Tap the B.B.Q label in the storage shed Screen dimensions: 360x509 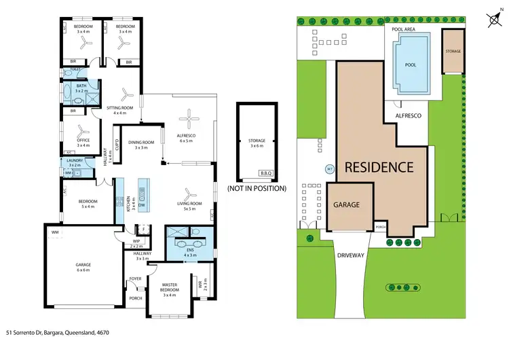click(x=265, y=174)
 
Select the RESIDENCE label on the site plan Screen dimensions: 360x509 click(x=379, y=166)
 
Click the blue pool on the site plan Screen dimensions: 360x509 click(x=411, y=65)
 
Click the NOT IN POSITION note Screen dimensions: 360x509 click(x=257, y=188)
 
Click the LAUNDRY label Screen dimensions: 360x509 click(x=75, y=162)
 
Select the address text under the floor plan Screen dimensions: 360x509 click(x=58, y=333)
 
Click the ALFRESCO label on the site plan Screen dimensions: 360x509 click(x=409, y=116)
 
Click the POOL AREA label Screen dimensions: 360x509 click(x=403, y=29)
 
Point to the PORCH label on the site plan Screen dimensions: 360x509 click(x=380, y=227)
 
